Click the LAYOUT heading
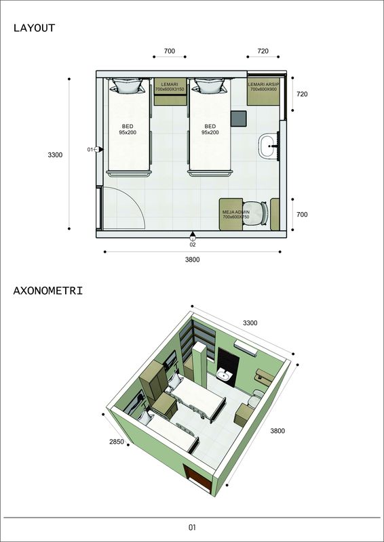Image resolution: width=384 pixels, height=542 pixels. click(x=35, y=28)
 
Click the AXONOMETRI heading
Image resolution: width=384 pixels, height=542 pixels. click(x=48, y=291)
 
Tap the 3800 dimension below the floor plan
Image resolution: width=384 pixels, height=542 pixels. click(x=192, y=259)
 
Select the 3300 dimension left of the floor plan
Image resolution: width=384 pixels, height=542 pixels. click(x=55, y=155)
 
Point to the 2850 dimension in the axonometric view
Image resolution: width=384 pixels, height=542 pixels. click(x=117, y=442)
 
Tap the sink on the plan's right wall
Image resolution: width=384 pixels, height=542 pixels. click(x=269, y=146)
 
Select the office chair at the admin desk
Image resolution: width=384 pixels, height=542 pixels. click(x=256, y=213)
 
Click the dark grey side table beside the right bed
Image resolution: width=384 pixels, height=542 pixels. click(x=239, y=119)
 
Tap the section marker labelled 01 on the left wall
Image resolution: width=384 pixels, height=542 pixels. click(x=96, y=149)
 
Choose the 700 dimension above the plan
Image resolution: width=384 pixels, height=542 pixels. click(x=170, y=51)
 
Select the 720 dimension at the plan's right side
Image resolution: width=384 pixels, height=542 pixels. click(x=302, y=94)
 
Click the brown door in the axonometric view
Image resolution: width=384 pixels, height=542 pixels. click(x=197, y=478)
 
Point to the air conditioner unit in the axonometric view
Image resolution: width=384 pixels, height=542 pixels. click(x=246, y=347)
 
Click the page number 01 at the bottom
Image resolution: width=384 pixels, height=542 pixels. click(x=192, y=528)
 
